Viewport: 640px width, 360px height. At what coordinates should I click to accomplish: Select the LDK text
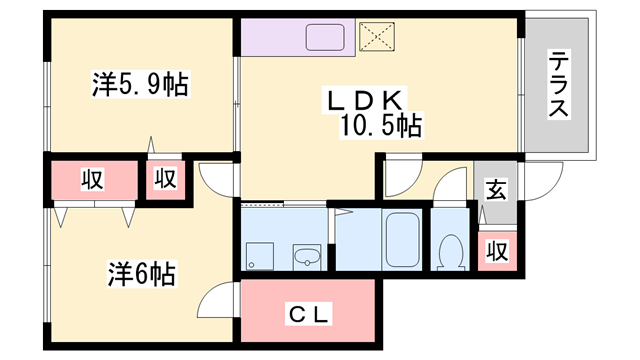click(361, 100)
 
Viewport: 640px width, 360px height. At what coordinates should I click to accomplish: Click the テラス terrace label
click(558, 86)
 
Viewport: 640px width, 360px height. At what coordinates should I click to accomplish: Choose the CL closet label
click(309, 315)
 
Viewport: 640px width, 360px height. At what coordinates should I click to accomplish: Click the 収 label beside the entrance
click(496, 250)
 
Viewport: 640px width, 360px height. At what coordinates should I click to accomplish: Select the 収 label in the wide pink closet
click(93, 180)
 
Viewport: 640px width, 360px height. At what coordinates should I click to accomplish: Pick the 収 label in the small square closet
click(165, 180)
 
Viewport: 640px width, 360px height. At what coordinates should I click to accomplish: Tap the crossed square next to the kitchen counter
click(378, 39)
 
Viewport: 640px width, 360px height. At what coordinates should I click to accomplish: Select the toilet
click(450, 250)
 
